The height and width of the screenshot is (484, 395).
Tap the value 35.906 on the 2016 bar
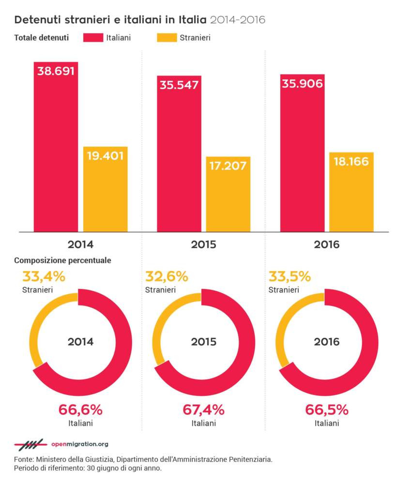click(x=302, y=83)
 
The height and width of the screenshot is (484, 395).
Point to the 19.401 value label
click(x=105, y=155)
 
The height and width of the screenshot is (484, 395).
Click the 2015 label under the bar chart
click(x=203, y=244)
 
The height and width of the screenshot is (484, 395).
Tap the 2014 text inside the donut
click(x=80, y=342)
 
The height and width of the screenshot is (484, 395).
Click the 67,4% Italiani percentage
click(x=203, y=410)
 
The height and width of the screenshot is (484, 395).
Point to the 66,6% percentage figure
click(x=80, y=410)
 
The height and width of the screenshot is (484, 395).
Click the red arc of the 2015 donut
click(x=244, y=358)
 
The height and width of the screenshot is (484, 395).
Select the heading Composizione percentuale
click(x=63, y=260)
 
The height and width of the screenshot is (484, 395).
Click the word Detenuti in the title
click(x=35, y=20)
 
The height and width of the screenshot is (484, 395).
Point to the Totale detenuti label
click(x=42, y=38)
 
